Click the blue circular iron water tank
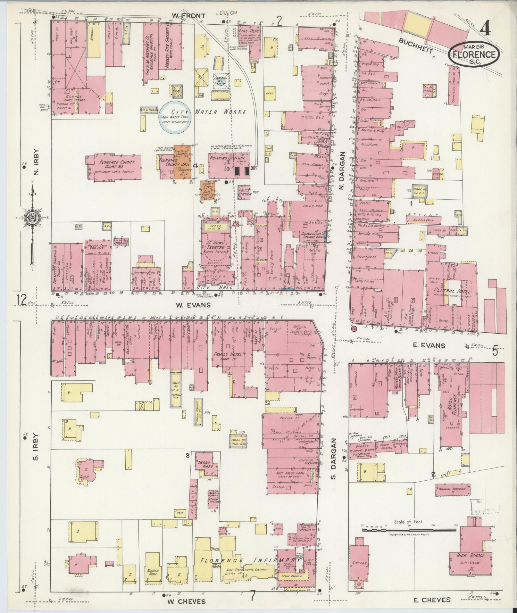coord(175,117)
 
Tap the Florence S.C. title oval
coord(476,54)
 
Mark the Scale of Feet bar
coord(409,530)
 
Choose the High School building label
coord(470,555)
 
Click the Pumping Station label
coord(227,158)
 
